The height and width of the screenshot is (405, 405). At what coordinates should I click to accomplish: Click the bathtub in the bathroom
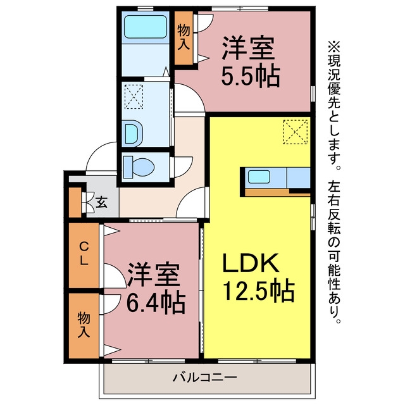[x=146, y=27]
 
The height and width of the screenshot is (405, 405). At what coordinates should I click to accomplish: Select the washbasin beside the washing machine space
[x=134, y=134]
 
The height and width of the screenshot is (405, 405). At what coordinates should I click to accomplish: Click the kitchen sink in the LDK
[x=259, y=177]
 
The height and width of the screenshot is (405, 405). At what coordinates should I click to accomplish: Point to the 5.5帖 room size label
[x=251, y=76]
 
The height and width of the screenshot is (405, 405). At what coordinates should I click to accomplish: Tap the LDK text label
[x=251, y=263]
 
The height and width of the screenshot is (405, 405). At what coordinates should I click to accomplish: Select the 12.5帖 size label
[x=259, y=290]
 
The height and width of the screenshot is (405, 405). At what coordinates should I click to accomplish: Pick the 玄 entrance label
[x=101, y=202]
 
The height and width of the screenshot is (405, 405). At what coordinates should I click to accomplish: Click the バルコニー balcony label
[x=205, y=377]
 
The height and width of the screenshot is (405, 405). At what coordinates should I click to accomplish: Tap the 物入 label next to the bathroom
[x=184, y=38]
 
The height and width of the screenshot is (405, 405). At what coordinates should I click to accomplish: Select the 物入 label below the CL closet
[x=84, y=325]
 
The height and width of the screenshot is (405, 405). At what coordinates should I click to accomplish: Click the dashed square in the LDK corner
[x=296, y=132]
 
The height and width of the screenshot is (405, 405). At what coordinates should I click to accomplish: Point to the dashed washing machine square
[x=134, y=97]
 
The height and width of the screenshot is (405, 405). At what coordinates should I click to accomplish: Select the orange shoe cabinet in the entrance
[x=75, y=202]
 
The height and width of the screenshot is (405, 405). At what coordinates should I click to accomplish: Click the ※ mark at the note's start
[x=334, y=47]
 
